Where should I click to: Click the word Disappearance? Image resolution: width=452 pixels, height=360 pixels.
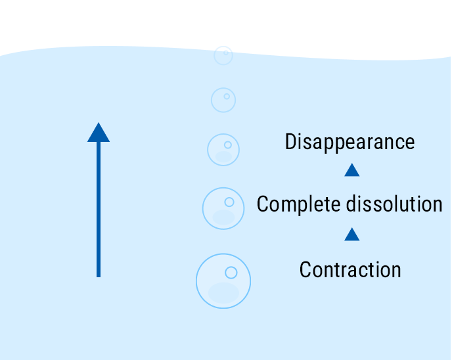pyautogui.click(x=350, y=142)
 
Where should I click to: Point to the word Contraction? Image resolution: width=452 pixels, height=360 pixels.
pyautogui.click(x=350, y=269)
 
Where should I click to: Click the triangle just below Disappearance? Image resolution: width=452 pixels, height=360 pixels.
pyautogui.click(x=352, y=170)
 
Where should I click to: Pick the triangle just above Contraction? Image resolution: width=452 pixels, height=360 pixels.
pyautogui.click(x=352, y=234)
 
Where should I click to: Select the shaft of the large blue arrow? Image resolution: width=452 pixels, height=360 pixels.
pyautogui.click(x=99, y=210)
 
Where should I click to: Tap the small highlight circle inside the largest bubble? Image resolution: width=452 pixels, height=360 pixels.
pyautogui.click(x=231, y=272)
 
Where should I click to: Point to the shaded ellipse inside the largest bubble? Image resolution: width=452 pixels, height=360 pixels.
pyautogui.click(x=223, y=293)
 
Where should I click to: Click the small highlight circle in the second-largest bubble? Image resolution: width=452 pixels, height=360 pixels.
pyautogui.click(x=229, y=202)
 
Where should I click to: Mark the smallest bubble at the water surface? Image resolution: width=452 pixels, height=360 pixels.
pyautogui.click(x=223, y=55)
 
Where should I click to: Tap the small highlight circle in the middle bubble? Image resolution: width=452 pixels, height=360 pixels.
pyautogui.click(x=228, y=145)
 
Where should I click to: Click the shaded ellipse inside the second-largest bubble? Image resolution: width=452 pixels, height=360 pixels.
pyautogui.click(x=223, y=217)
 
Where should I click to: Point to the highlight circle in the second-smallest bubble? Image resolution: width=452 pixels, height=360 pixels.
pyautogui.click(x=227, y=97)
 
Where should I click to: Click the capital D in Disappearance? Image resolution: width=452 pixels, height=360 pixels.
pyautogui.click(x=292, y=142)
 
